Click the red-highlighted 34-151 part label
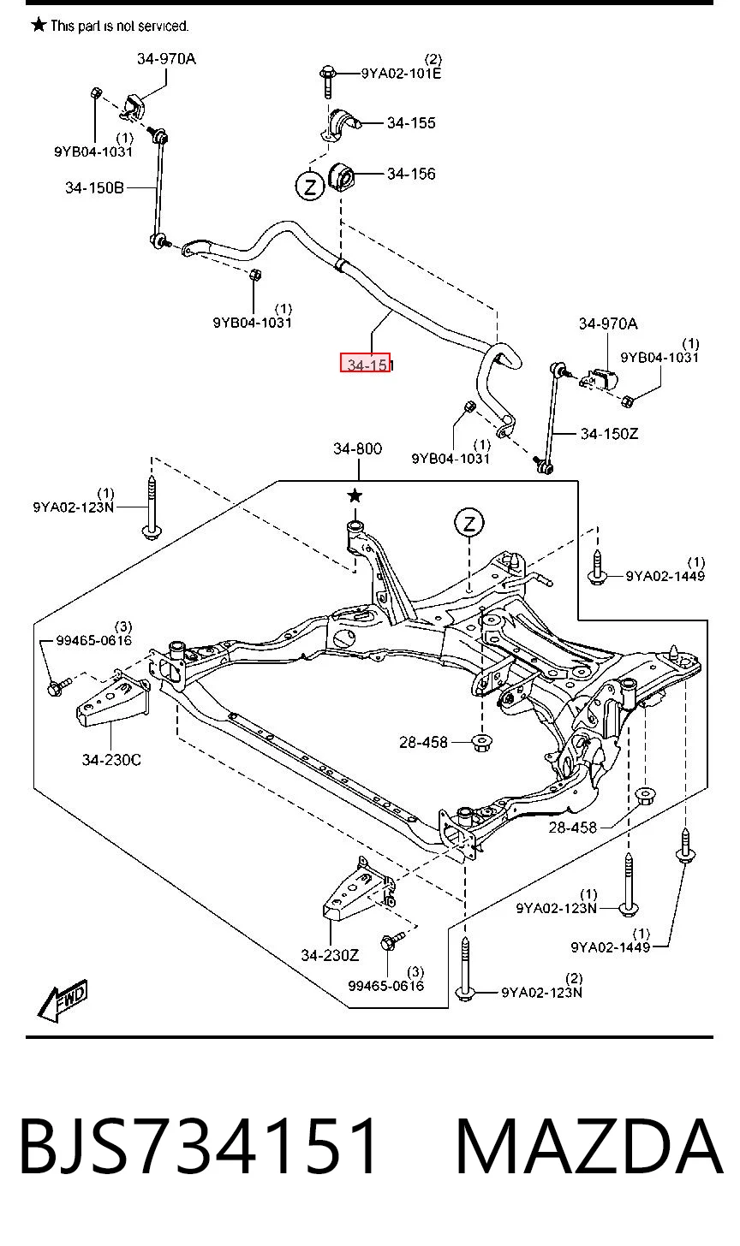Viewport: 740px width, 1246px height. (366, 364)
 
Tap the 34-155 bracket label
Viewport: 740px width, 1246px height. (411, 123)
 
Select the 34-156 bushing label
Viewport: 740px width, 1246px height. (411, 174)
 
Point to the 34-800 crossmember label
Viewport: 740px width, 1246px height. (357, 448)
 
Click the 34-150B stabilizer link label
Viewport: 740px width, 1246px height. (95, 188)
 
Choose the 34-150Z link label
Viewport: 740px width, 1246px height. (609, 433)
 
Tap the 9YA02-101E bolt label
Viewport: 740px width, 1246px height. (401, 74)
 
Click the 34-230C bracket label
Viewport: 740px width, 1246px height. (111, 759)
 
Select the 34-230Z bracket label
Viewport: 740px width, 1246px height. (331, 955)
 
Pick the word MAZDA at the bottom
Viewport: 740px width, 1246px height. (589, 1147)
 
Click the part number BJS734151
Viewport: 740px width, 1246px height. (199, 1147)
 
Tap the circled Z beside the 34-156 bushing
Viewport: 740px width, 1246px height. (310, 186)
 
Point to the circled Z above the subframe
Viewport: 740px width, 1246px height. (469, 523)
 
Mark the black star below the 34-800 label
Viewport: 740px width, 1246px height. (355, 495)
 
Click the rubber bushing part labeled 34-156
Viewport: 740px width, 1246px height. (342, 176)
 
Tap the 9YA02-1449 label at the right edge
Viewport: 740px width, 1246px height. (665, 576)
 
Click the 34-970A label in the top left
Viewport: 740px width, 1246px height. (166, 59)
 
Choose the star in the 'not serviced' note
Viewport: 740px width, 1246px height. (39, 25)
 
